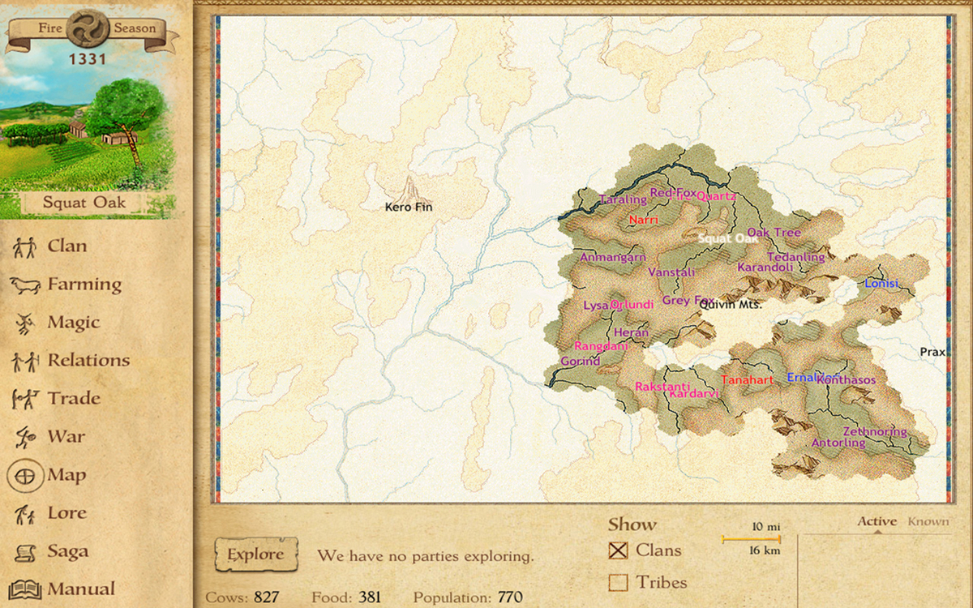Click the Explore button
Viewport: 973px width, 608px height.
point(255,555)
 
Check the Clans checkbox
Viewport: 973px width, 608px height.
point(619,550)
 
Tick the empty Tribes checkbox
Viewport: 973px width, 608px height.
point(619,582)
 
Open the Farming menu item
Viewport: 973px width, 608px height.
point(84,285)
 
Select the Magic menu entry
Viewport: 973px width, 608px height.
point(73,323)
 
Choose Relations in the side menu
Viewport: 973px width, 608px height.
point(88,361)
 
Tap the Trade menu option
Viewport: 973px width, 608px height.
point(74,399)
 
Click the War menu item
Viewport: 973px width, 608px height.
point(66,437)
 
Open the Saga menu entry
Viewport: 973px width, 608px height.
point(67,552)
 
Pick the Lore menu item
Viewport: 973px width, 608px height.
point(66,513)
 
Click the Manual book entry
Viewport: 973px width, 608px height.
point(80,589)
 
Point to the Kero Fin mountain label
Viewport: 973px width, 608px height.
point(409,207)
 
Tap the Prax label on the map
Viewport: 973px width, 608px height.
point(933,352)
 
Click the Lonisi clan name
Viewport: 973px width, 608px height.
point(881,284)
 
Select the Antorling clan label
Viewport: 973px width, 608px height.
point(838,443)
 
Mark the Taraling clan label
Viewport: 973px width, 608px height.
point(623,199)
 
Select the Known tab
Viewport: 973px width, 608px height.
point(928,521)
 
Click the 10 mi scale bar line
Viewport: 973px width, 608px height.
point(752,538)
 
